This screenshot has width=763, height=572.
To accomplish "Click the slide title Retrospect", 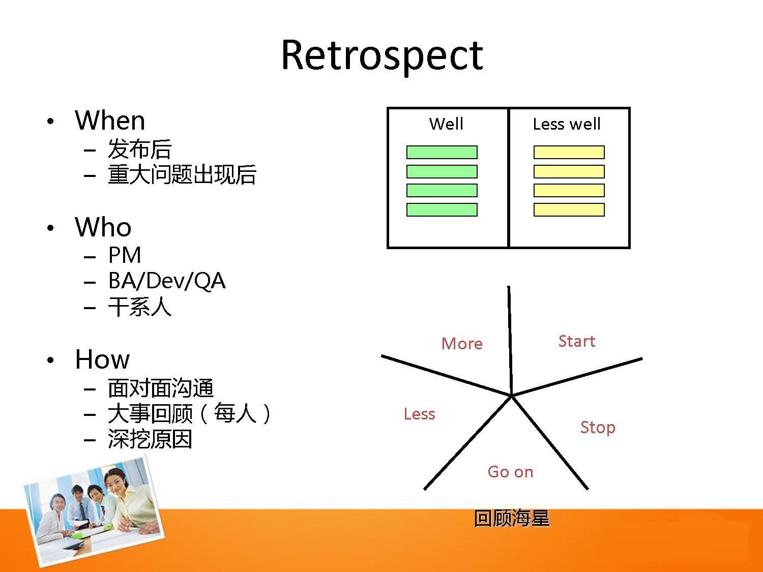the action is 382,55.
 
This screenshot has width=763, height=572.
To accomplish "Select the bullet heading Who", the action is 103,227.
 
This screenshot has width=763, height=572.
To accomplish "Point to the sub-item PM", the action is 125,255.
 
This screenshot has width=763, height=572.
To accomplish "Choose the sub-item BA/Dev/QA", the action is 167,281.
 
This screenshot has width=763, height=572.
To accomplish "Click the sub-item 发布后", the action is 140,149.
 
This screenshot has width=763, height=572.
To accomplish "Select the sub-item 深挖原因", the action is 150,439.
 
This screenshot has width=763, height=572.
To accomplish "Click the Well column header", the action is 446,124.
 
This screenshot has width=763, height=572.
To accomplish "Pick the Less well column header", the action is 567,124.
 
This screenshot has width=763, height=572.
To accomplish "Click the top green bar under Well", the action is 442,152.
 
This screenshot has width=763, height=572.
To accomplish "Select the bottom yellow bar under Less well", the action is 569,210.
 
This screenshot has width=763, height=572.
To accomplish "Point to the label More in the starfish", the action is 462,344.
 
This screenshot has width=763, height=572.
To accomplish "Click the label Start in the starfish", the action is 577,341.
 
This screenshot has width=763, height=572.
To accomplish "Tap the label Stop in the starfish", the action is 598,428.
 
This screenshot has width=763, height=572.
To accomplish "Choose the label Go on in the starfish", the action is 510,472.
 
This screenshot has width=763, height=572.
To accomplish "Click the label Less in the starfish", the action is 419,414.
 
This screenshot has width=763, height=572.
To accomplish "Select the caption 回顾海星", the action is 512,518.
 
